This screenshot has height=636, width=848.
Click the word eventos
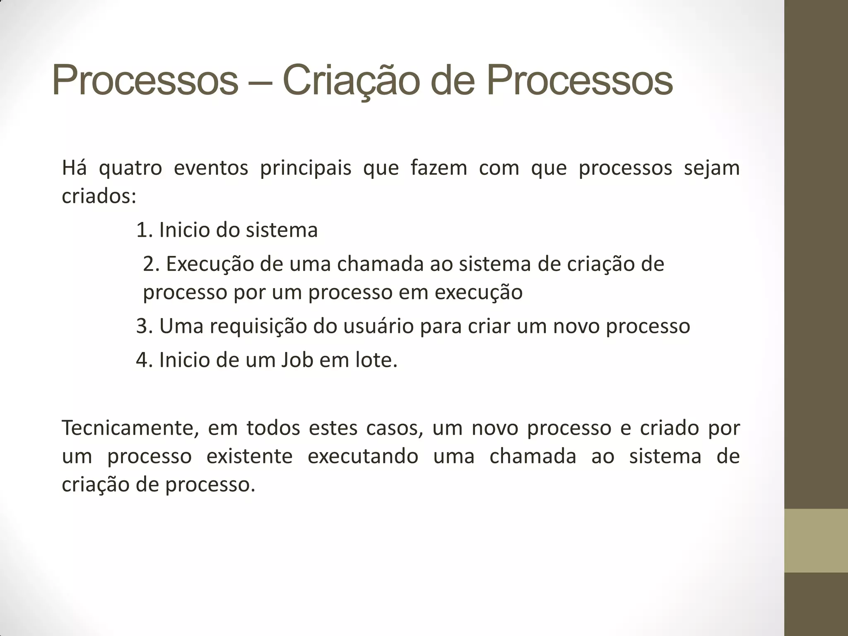(x=211, y=168)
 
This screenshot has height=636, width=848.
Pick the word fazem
(x=439, y=168)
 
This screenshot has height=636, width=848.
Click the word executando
(x=363, y=456)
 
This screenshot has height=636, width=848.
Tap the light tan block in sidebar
(x=816, y=540)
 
